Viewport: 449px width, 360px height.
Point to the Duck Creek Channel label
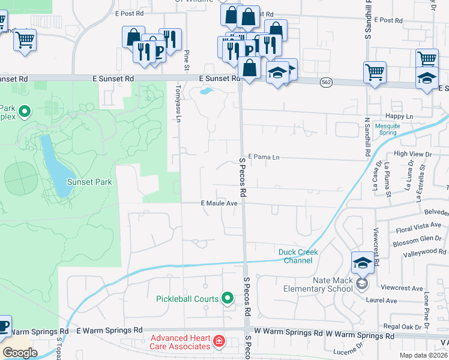click(298, 256)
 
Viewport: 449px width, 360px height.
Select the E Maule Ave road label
click(219, 203)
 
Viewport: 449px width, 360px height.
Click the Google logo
click(20, 353)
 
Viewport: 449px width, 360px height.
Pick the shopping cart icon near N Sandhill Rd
click(375, 73)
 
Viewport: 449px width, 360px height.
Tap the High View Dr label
click(412, 154)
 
